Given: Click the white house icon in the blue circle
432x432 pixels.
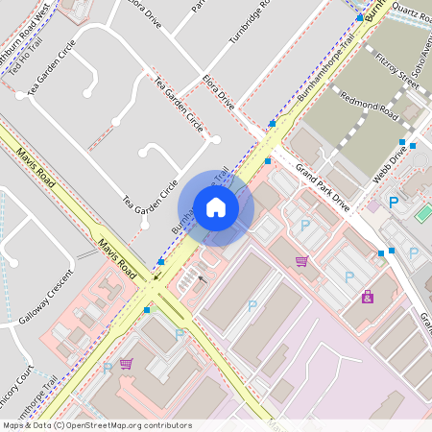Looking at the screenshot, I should [x=216, y=207].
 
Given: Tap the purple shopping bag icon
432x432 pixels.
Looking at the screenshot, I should [x=368, y=297].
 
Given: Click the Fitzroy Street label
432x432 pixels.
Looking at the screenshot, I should [x=397, y=69].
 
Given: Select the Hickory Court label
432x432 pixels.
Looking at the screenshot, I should [x=14, y=384].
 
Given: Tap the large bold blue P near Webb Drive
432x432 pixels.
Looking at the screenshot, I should [x=393, y=203].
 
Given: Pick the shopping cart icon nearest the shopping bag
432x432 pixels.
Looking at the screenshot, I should [x=301, y=261].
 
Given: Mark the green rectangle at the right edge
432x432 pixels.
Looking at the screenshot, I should [x=423, y=213].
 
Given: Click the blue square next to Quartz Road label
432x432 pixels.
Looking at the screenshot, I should [x=359, y=17].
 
